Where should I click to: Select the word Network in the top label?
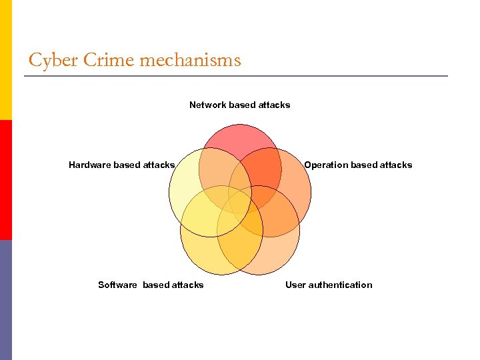pyautogui.click(x=207, y=105)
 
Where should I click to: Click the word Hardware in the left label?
pyautogui.click(x=90, y=165)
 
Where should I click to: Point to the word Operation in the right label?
pyautogui.click(x=326, y=165)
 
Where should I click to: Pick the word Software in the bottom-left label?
pyautogui.click(x=117, y=285)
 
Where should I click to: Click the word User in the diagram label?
pyautogui.click(x=296, y=285)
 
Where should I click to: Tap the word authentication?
pyautogui.click(x=341, y=285)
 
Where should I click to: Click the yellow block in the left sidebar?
pyautogui.click(x=6, y=60)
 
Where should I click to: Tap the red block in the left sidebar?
pyautogui.click(x=6, y=180)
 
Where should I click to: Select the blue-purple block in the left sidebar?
pyautogui.click(x=6, y=300)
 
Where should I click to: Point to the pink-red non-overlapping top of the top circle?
pyautogui.click(x=240, y=137)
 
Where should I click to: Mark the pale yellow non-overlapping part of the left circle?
pyautogui.click(x=183, y=187)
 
